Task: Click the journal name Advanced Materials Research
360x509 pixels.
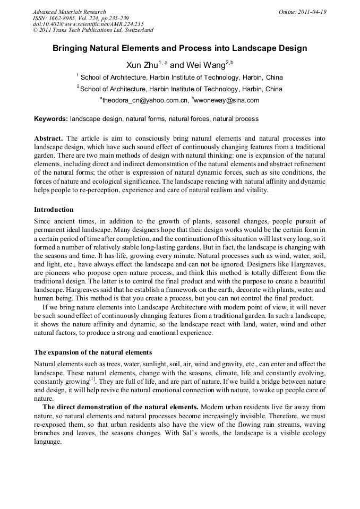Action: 69,12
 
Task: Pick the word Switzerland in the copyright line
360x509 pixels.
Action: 136,30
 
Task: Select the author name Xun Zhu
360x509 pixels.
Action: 141,65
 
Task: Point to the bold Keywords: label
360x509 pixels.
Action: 51,119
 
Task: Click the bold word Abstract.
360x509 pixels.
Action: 49,138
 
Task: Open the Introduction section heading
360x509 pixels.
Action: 54,210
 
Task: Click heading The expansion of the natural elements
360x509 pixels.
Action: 93,352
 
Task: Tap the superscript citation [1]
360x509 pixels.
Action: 92,378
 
